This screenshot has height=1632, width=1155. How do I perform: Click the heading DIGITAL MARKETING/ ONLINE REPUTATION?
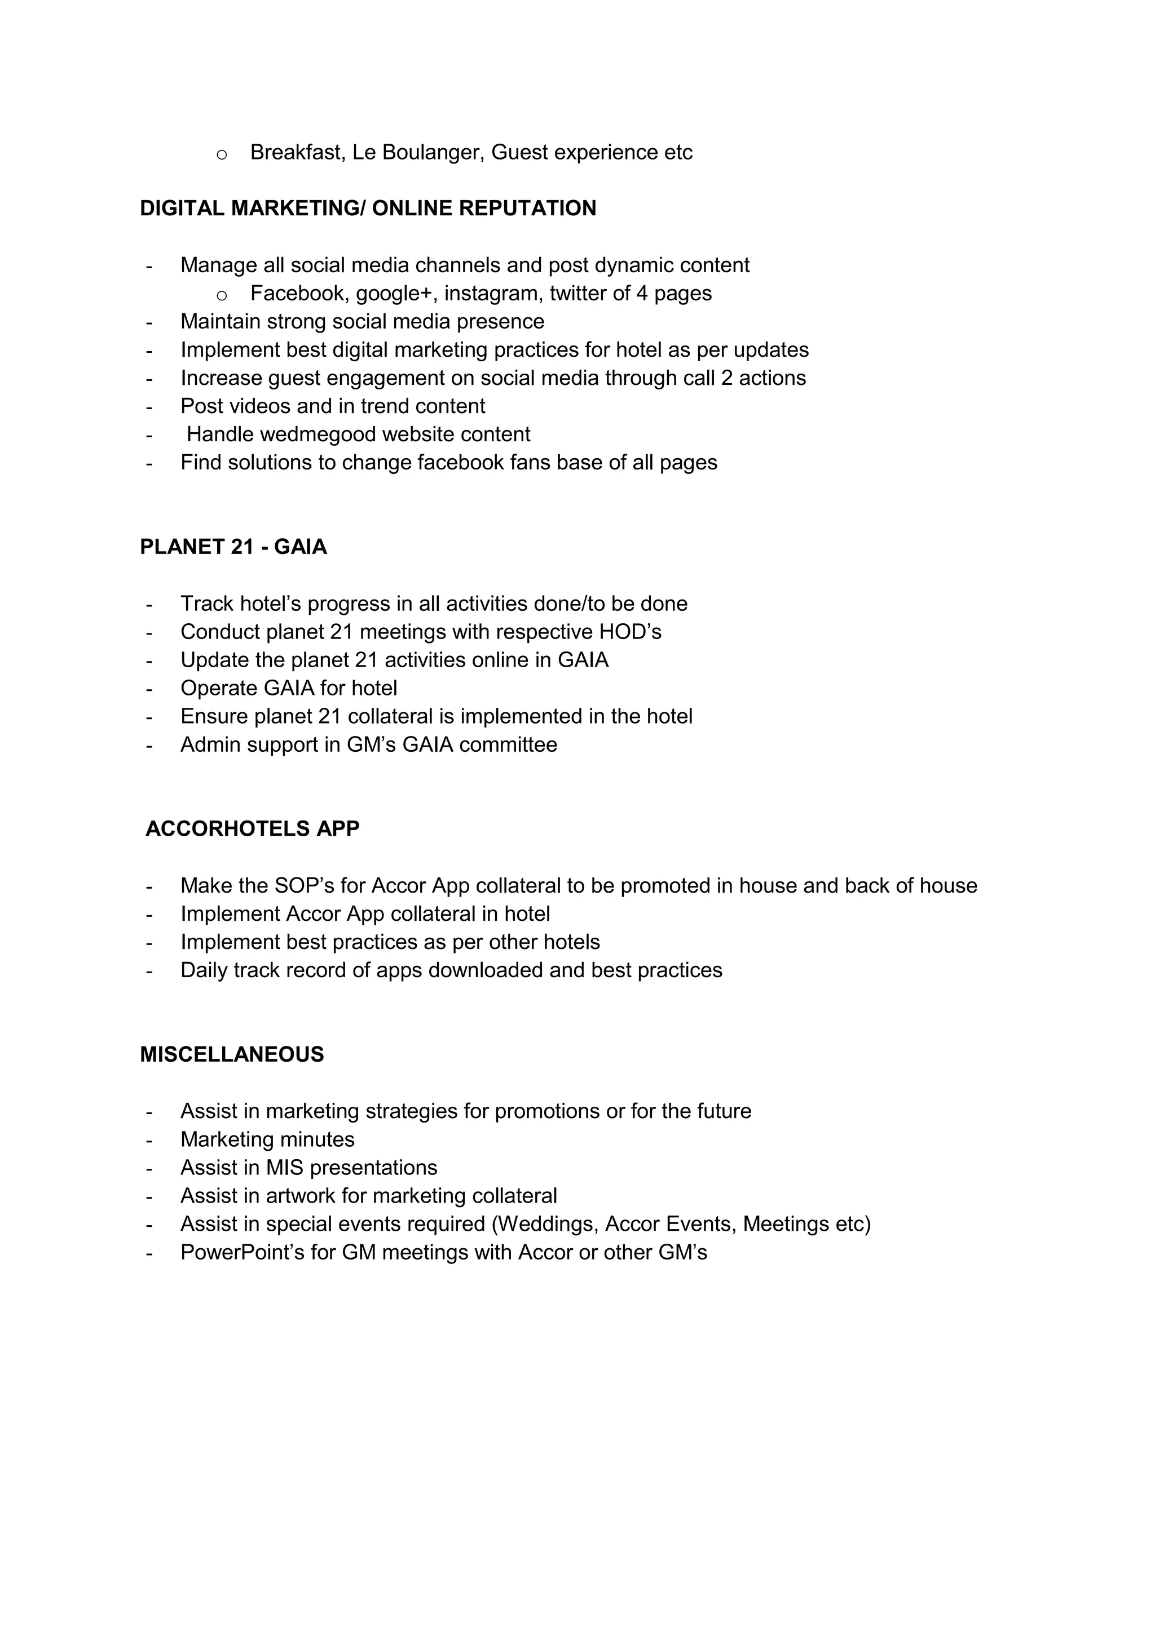(368, 209)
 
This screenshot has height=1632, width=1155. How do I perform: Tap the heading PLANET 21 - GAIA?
(233, 547)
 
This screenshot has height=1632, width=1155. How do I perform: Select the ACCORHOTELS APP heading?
(253, 829)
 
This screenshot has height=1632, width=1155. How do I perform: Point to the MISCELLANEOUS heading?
(232, 1054)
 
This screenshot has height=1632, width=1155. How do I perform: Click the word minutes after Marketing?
(317, 1139)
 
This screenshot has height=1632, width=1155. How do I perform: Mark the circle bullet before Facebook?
(221, 295)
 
